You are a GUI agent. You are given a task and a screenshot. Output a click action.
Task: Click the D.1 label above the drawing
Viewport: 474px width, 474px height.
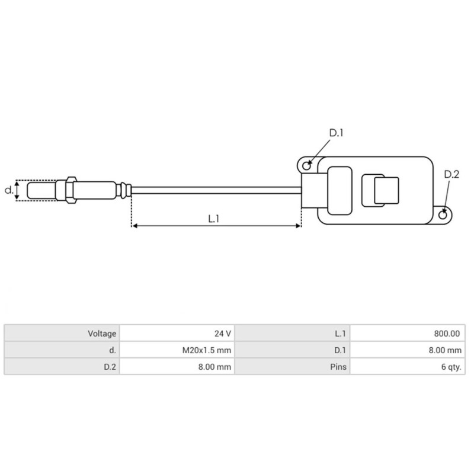[x=337, y=133]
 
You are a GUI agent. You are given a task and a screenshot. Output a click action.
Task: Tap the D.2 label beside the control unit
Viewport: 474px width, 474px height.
[x=451, y=174]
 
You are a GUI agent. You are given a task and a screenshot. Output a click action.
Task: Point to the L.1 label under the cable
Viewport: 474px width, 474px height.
[x=214, y=218]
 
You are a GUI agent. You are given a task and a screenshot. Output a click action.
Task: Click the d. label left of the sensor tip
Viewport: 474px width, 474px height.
[x=8, y=190]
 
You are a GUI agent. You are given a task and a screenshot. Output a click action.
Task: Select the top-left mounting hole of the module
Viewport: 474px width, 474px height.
[x=306, y=162]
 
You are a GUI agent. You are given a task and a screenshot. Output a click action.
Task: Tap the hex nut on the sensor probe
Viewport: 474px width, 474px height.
[x=71, y=190]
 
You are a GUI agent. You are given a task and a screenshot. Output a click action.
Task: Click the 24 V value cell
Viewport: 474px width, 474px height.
[x=223, y=334]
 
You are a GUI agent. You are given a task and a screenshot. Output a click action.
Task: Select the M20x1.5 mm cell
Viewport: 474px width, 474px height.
[x=206, y=350]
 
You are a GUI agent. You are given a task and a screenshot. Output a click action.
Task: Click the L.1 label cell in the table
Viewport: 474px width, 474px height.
[x=341, y=334]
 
